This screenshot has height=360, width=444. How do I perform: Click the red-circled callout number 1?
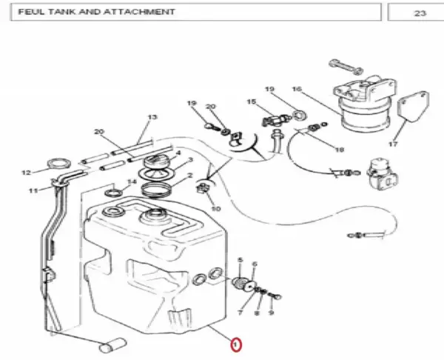click(x=236, y=345)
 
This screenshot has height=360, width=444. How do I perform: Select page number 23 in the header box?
click(x=420, y=13)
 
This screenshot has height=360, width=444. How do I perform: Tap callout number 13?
click(x=152, y=117)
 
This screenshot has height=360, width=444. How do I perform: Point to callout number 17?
click(x=393, y=144)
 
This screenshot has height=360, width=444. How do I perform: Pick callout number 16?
click(x=297, y=89)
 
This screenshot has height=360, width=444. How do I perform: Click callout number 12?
click(x=26, y=173)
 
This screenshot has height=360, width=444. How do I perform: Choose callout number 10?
click(x=216, y=209)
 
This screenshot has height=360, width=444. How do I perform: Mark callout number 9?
click(x=271, y=313)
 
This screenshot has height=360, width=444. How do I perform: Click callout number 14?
click(x=132, y=181)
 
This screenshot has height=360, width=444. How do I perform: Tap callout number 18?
click(x=339, y=150)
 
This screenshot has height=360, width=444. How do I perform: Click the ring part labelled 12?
click(x=59, y=164)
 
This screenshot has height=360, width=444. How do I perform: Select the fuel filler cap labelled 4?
click(x=157, y=161)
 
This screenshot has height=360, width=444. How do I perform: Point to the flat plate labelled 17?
click(x=414, y=107)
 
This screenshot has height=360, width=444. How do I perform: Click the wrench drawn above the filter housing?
click(x=346, y=67)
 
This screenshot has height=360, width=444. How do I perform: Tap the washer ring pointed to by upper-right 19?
click(x=298, y=115)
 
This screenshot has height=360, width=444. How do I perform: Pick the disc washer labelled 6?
click(x=250, y=286)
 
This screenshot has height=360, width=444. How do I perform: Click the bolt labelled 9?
click(x=275, y=296)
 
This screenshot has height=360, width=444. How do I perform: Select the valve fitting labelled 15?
click(x=275, y=120)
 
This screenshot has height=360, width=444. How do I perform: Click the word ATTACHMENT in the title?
click(x=139, y=12)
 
